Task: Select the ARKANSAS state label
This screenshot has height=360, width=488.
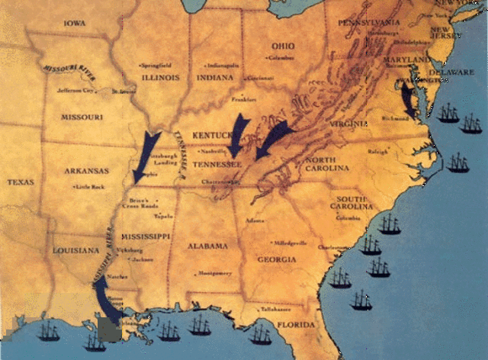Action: point(85,171)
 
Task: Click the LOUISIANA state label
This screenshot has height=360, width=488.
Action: point(75,250)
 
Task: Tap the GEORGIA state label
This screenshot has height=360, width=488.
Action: point(277,259)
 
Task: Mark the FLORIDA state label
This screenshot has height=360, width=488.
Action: point(294,325)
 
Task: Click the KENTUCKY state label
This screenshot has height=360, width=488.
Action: point(211,135)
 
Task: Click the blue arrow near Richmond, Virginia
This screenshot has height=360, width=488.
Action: point(409,99)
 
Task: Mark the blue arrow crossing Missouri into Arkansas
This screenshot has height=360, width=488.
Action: point(146,156)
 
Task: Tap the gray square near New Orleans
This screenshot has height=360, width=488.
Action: point(109,329)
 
